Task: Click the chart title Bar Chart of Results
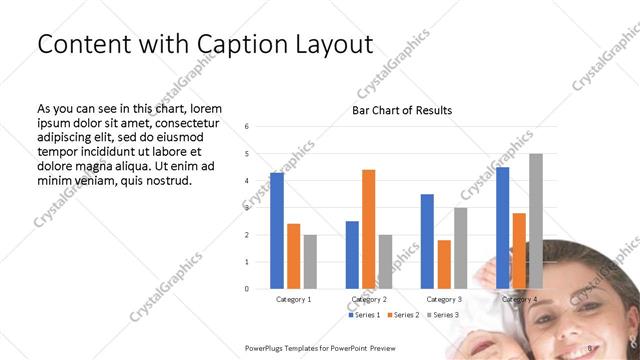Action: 401,110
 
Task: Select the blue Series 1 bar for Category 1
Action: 276,230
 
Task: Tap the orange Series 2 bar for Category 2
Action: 368,229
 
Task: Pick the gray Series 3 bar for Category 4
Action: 536,221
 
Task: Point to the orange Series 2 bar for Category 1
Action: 293,256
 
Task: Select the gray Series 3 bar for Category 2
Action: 385,261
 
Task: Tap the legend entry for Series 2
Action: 404,315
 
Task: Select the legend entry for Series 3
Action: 442,315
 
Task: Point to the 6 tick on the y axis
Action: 247,127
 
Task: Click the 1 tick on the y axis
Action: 247,262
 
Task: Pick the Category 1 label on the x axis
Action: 293,299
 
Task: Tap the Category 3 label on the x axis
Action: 444,299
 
